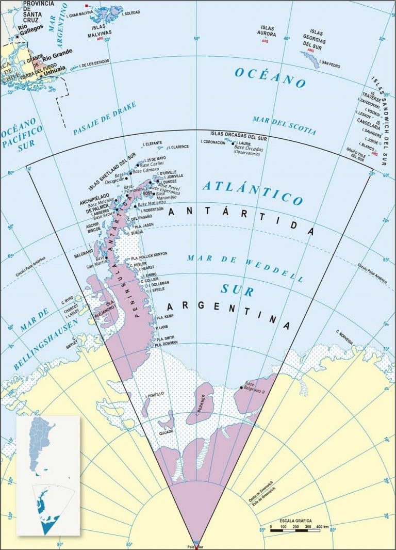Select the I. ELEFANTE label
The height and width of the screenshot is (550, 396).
click(153, 142)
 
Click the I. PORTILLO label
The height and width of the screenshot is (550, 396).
click(154, 394)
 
